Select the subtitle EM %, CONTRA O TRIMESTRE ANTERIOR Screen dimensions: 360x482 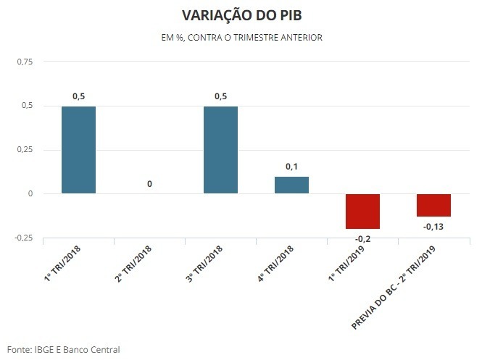pos(241,37)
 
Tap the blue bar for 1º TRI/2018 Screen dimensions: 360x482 pos(78,150)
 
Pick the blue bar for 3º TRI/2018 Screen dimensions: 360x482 pos(220,150)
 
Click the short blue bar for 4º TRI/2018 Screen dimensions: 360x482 pos(291,185)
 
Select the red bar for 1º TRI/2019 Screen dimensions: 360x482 pos(362,211)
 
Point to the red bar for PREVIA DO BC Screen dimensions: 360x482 pos(433,205)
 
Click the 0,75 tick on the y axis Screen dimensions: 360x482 pos(24,62)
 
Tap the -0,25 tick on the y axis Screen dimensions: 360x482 pos(23,238)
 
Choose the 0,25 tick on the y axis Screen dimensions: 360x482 pos(24,150)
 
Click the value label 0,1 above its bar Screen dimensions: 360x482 pos(291,167)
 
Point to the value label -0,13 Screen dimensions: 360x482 pos(433,227)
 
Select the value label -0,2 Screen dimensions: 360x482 pos(362,238)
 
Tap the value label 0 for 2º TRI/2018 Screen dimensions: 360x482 pos(149,184)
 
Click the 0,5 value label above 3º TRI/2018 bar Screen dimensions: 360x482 pos(220,96)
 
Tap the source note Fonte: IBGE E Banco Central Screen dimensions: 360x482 pos(63,349)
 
